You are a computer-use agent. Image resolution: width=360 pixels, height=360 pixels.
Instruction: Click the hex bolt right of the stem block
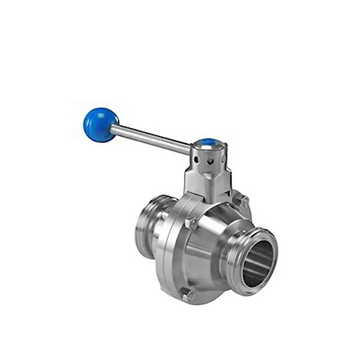pyautogui.click(x=243, y=201)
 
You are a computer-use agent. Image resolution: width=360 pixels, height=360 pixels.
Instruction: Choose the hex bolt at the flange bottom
pyautogui.click(x=188, y=296)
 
